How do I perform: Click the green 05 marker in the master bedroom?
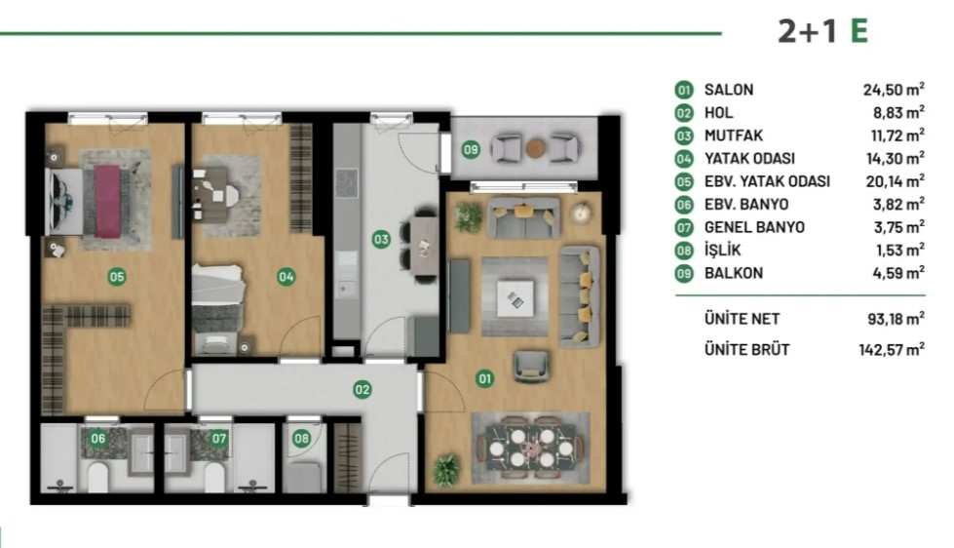tap(117, 277)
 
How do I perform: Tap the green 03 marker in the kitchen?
tap(381, 239)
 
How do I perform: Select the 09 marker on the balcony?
tap(471, 149)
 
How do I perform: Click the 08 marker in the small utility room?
tap(301, 438)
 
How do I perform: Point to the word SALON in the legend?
tap(729, 90)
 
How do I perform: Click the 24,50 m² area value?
tap(894, 90)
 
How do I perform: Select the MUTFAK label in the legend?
tap(734, 136)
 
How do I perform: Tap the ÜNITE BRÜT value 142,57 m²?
tap(892, 349)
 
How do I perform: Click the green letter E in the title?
tap(859, 30)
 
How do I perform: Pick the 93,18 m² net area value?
tap(897, 319)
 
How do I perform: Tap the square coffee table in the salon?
tap(515, 298)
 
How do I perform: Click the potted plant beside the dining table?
tap(446, 470)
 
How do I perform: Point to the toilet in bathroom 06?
tap(98, 477)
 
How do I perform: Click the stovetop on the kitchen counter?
tap(346, 183)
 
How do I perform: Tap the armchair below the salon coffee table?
tap(531, 366)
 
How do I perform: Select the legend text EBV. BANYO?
tap(746, 204)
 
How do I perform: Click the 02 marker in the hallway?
tap(362, 389)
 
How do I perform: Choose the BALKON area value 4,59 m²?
tap(898, 273)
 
